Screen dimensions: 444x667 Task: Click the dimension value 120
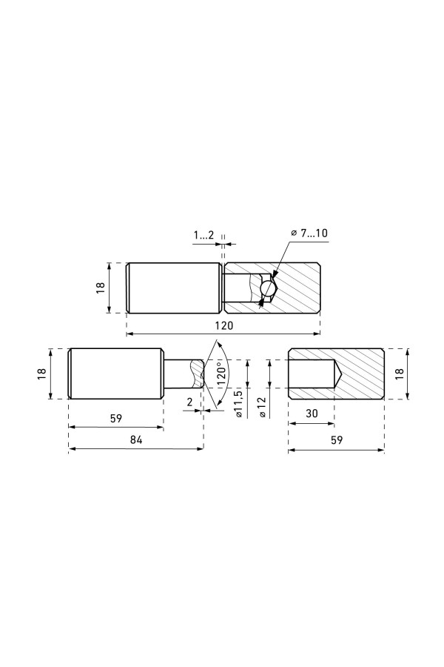[224, 325]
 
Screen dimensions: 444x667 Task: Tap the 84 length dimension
[136, 439]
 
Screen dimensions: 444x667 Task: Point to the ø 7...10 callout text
[309, 233]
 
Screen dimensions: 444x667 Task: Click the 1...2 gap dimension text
[204, 235]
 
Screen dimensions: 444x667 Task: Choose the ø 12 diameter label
[261, 408]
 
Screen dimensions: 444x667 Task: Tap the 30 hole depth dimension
[312, 414]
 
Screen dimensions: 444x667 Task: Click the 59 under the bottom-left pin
[116, 418]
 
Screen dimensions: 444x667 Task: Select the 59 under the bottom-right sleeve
[337, 439]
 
